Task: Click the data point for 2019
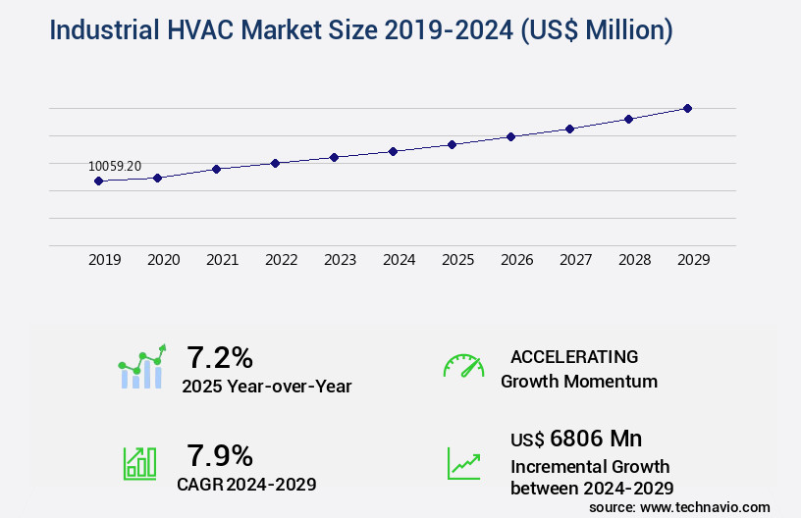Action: click(x=98, y=181)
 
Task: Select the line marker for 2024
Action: click(x=393, y=151)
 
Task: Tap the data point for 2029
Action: click(x=687, y=108)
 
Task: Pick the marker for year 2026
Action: click(x=510, y=136)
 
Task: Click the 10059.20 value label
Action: click(x=115, y=166)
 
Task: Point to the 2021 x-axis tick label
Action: click(x=222, y=260)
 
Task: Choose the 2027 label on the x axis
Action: click(x=575, y=260)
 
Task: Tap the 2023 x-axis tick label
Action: click(x=340, y=260)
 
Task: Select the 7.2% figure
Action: click(x=220, y=356)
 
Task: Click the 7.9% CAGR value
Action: click(x=220, y=455)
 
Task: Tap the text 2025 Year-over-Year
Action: click(x=266, y=387)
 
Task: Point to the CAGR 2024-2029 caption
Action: click(x=246, y=484)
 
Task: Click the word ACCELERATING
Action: click(x=574, y=356)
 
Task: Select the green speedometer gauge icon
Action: click(x=463, y=366)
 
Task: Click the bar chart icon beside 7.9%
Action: click(x=139, y=462)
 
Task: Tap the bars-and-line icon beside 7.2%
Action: click(x=142, y=367)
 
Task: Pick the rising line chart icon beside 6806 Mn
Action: click(x=463, y=463)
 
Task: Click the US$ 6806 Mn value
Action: click(x=576, y=438)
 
